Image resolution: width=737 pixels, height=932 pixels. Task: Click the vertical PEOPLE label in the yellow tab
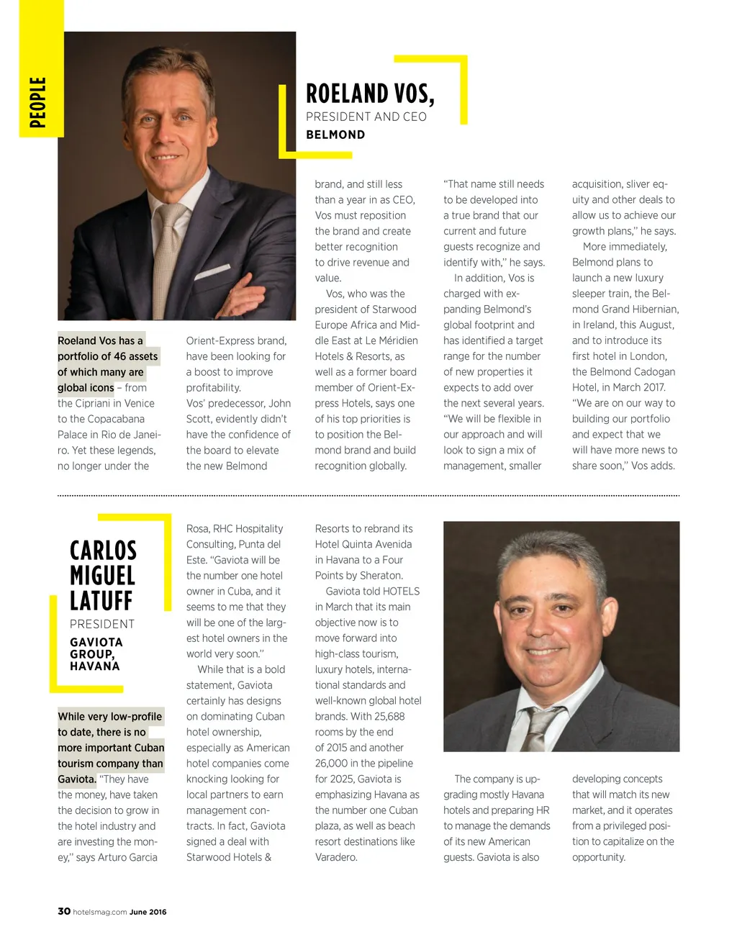pos(38,102)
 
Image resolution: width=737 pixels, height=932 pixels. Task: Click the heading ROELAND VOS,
pos(370,94)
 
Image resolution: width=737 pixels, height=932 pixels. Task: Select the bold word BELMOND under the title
pos(335,135)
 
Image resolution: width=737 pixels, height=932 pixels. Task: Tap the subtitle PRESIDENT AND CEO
pos(366,117)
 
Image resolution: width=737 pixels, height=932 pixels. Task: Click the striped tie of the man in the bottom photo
pos(541,727)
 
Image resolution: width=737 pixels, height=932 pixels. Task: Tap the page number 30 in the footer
pos(64,911)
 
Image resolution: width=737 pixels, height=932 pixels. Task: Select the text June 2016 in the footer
pos(148,912)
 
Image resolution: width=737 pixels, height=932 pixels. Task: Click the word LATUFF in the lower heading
pos(101,600)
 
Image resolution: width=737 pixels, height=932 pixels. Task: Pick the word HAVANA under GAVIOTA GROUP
pos(95,666)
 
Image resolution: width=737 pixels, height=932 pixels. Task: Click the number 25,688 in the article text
pos(389,716)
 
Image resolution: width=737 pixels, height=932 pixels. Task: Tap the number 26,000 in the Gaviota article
pos(334,763)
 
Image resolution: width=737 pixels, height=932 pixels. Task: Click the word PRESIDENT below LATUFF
pos(102,624)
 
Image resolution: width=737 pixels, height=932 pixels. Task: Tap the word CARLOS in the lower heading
pos(103,551)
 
